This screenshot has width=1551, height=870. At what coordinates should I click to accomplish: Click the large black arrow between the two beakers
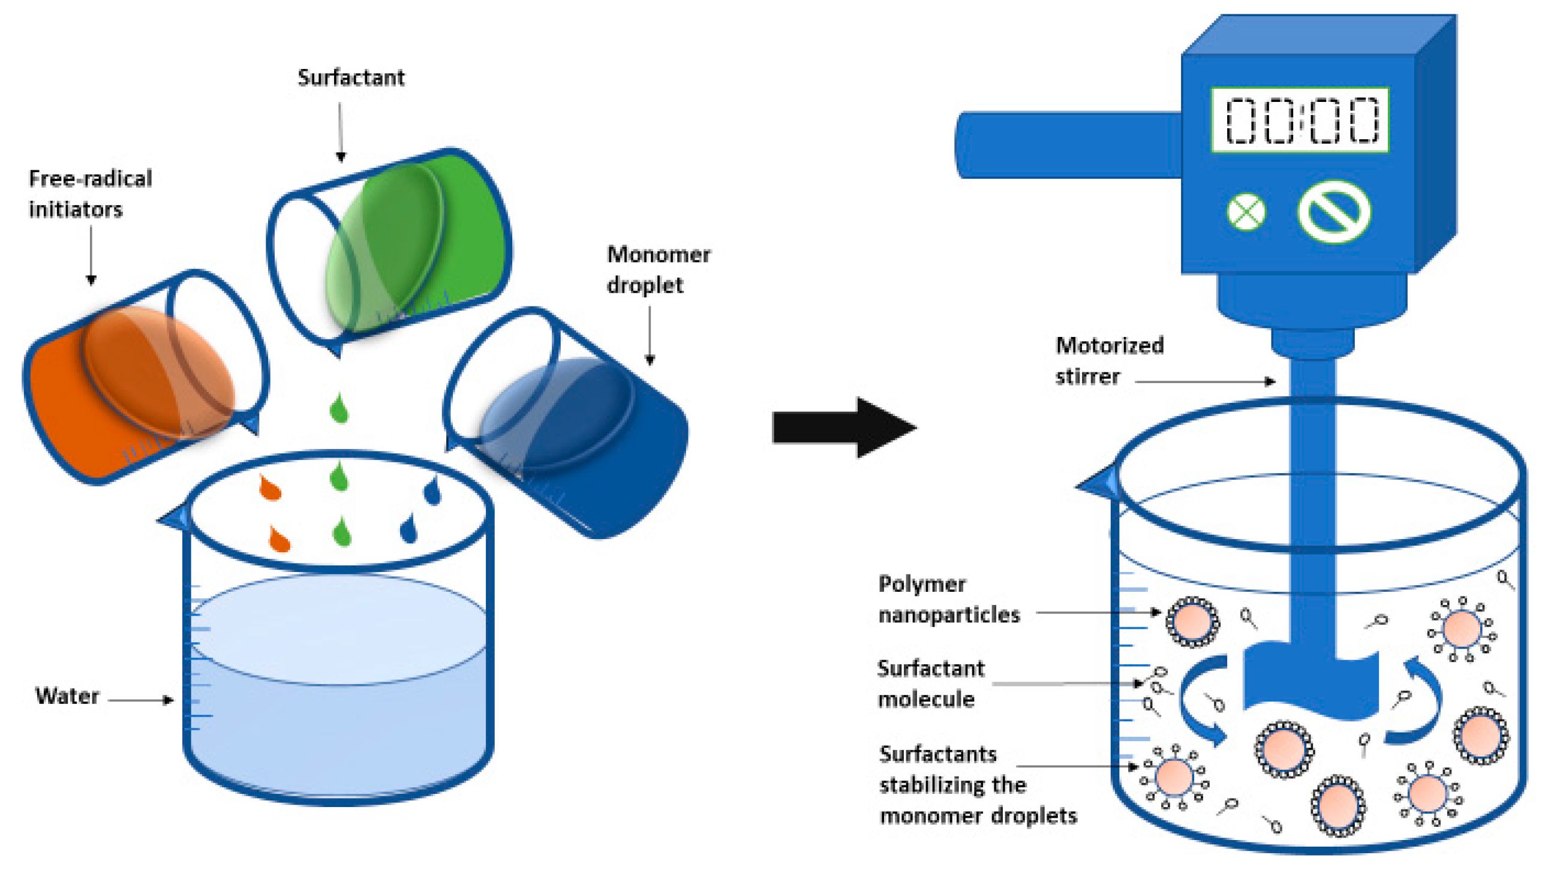coord(843,428)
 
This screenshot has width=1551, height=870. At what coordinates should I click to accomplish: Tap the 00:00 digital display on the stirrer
coord(1299,121)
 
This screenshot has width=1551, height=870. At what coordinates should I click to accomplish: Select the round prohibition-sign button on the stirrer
coord(1334,211)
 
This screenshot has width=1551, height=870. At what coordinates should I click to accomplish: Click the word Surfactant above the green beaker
coord(351,78)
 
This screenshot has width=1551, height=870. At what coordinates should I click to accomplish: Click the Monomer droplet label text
coord(657,269)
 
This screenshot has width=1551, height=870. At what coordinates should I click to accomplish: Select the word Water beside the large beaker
coord(67,696)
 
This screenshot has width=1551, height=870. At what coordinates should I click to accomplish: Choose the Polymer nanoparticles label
coord(948,600)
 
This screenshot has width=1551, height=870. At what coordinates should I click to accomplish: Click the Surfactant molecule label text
coord(930,684)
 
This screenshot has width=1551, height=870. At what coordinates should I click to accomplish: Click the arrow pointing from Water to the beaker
coord(142,700)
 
